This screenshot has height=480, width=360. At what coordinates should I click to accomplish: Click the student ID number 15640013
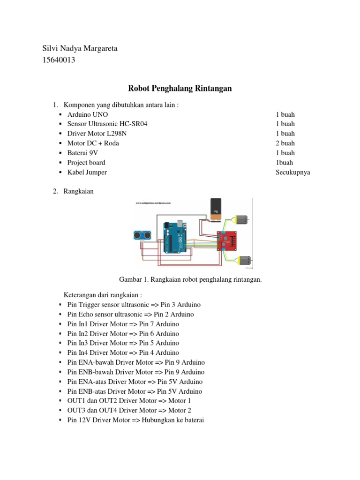click(59, 60)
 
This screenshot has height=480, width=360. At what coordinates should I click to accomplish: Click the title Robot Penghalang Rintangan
click(180, 89)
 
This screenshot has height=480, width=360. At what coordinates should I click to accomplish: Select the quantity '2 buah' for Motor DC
click(285, 143)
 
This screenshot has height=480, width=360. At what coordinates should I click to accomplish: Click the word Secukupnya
click(293, 172)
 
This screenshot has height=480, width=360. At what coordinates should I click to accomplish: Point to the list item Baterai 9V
click(83, 153)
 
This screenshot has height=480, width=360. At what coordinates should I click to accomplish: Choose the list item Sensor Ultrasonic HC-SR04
click(110, 124)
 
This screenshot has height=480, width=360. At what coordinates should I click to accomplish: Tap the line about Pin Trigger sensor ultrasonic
click(130, 305)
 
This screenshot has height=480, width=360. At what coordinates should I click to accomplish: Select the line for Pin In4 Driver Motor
click(123, 353)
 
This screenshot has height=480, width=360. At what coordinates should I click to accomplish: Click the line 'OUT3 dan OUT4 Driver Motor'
click(129, 411)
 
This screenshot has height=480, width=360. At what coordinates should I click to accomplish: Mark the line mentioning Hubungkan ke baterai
click(135, 420)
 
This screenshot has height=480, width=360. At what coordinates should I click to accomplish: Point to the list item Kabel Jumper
click(87, 172)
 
